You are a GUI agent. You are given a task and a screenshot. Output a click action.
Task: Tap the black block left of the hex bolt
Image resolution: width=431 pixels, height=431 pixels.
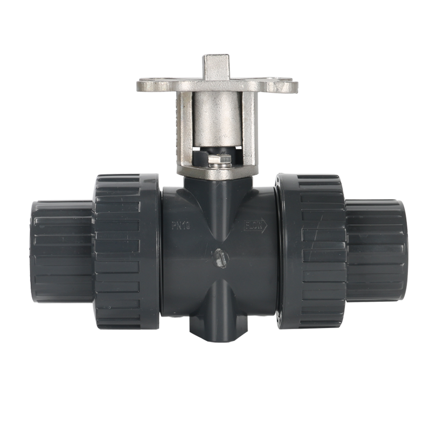200,157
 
